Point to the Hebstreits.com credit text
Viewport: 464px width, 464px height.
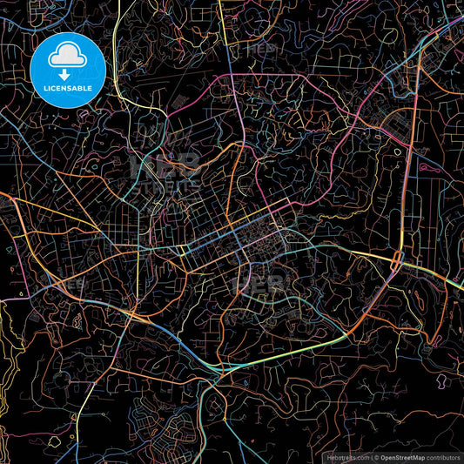coord(346,457)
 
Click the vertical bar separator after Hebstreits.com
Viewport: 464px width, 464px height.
coord(372,457)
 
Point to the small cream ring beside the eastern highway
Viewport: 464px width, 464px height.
coord(398,153)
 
